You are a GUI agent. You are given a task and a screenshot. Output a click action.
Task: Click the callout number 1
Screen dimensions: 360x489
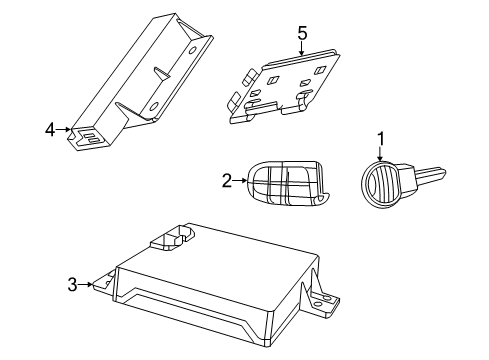tap(378, 139)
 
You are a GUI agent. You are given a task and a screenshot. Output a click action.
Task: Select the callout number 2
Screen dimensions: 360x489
tap(227, 180)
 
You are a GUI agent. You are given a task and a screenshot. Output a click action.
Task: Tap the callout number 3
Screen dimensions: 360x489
tap(72, 285)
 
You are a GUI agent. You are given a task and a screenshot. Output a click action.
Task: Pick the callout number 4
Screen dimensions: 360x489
tap(49, 129)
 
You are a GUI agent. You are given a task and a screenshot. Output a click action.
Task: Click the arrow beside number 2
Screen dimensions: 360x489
tap(240, 180)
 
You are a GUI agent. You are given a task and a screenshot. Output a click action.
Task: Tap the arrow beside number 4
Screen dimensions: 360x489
tap(63, 129)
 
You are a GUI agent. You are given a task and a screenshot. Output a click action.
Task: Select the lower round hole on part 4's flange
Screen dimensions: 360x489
tap(155, 109)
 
